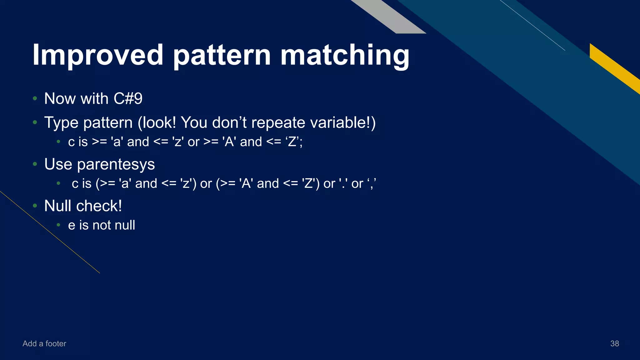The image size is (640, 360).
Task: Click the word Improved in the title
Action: pos(97,55)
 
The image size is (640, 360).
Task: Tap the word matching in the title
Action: pos(345,55)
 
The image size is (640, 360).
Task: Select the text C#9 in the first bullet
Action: pos(128,99)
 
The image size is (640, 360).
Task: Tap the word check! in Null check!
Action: pos(99,206)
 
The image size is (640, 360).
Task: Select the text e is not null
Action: pos(102,225)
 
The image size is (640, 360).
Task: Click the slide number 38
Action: pos(614,343)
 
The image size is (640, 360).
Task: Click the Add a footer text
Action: pos(44,343)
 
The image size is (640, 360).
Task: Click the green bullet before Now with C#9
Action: pos(35,99)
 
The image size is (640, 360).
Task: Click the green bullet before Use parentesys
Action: pos(35,164)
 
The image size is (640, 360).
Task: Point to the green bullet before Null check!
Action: pos(35,206)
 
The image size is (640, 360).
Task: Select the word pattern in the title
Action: pos(222,55)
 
